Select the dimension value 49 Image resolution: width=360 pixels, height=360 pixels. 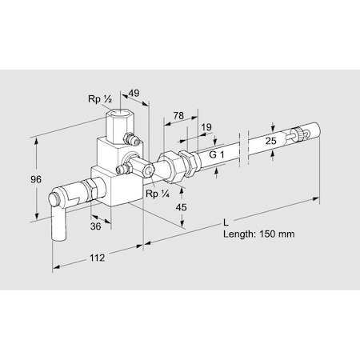134,94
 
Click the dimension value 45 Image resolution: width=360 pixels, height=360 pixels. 182,208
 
